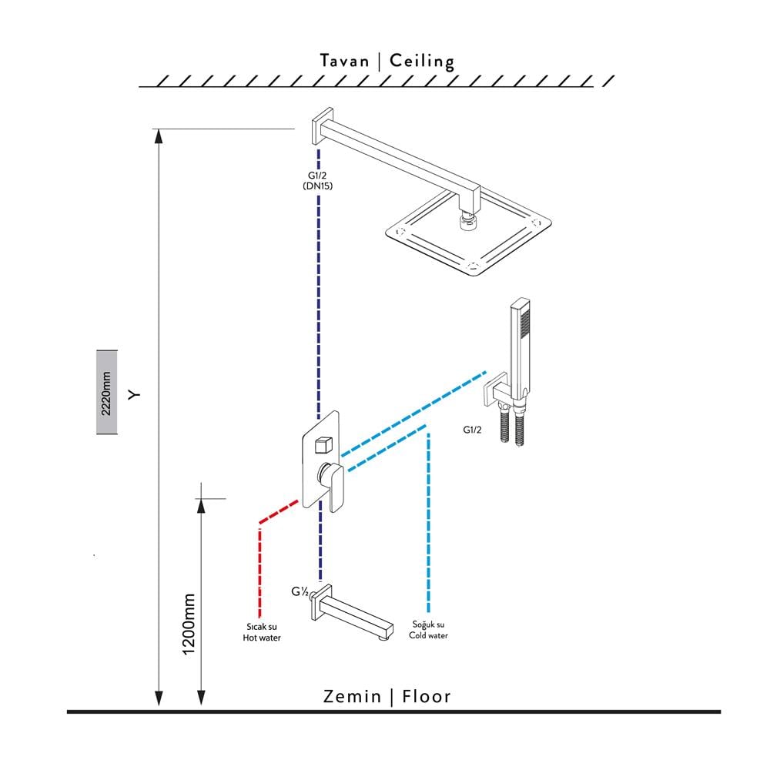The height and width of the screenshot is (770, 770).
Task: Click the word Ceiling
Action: (x=422, y=61)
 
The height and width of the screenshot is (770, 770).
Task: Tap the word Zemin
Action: (x=353, y=697)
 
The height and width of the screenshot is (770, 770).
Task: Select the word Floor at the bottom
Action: (x=425, y=697)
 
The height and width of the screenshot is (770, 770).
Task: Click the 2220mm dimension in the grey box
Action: (x=106, y=392)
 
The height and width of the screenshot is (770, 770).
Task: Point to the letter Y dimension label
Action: (x=136, y=394)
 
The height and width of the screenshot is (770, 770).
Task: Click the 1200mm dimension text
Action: (x=189, y=624)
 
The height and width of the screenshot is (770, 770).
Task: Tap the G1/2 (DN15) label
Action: (x=317, y=179)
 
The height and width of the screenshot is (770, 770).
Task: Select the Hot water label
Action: (x=262, y=633)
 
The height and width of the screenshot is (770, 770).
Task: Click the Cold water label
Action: (x=429, y=630)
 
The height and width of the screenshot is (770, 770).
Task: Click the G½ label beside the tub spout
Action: (x=300, y=592)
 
